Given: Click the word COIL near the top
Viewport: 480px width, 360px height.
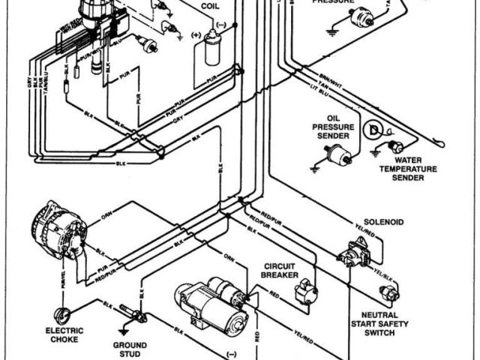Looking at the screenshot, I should click(x=210, y=6).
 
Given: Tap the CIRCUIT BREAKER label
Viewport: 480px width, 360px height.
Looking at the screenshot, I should click(x=282, y=271).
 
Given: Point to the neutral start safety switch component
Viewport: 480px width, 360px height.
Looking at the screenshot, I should click(x=388, y=292).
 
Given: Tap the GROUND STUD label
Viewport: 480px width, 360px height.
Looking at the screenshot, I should click(x=130, y=349).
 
